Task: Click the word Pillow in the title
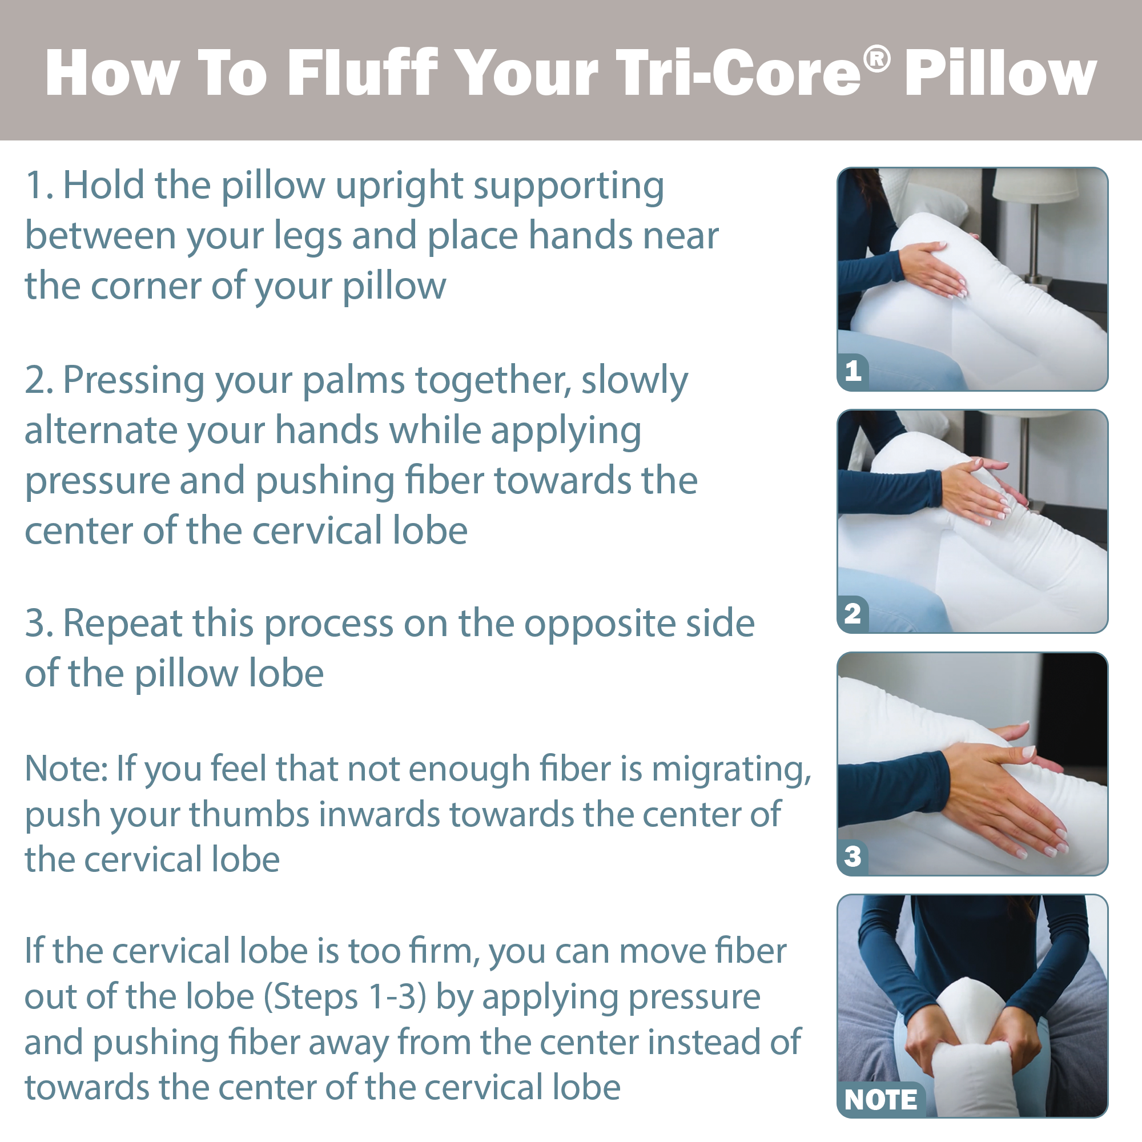point(1000,73)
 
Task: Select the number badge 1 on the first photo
point(853,371)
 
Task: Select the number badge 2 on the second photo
point(853,614)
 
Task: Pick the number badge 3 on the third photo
point(853,856)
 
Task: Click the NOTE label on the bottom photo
point(880,1099)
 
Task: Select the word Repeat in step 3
point(122,624)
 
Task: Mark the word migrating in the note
point(731,770)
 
